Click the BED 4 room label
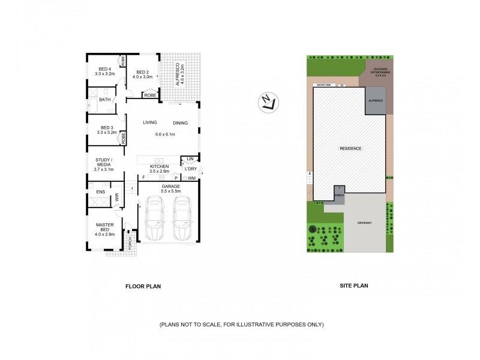(x=106, y=69)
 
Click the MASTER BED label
(x=105, y=226)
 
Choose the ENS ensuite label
(x=100, y=192)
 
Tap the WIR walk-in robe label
(x=118, y=196)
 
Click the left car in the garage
(x=154, y=220)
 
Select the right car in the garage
(x=182, y=220)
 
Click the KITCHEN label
(x=159, y=166)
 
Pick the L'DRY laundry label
(x=190, y=169)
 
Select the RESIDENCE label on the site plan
(x=350, y=148)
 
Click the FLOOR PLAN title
(x=143, y=286)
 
